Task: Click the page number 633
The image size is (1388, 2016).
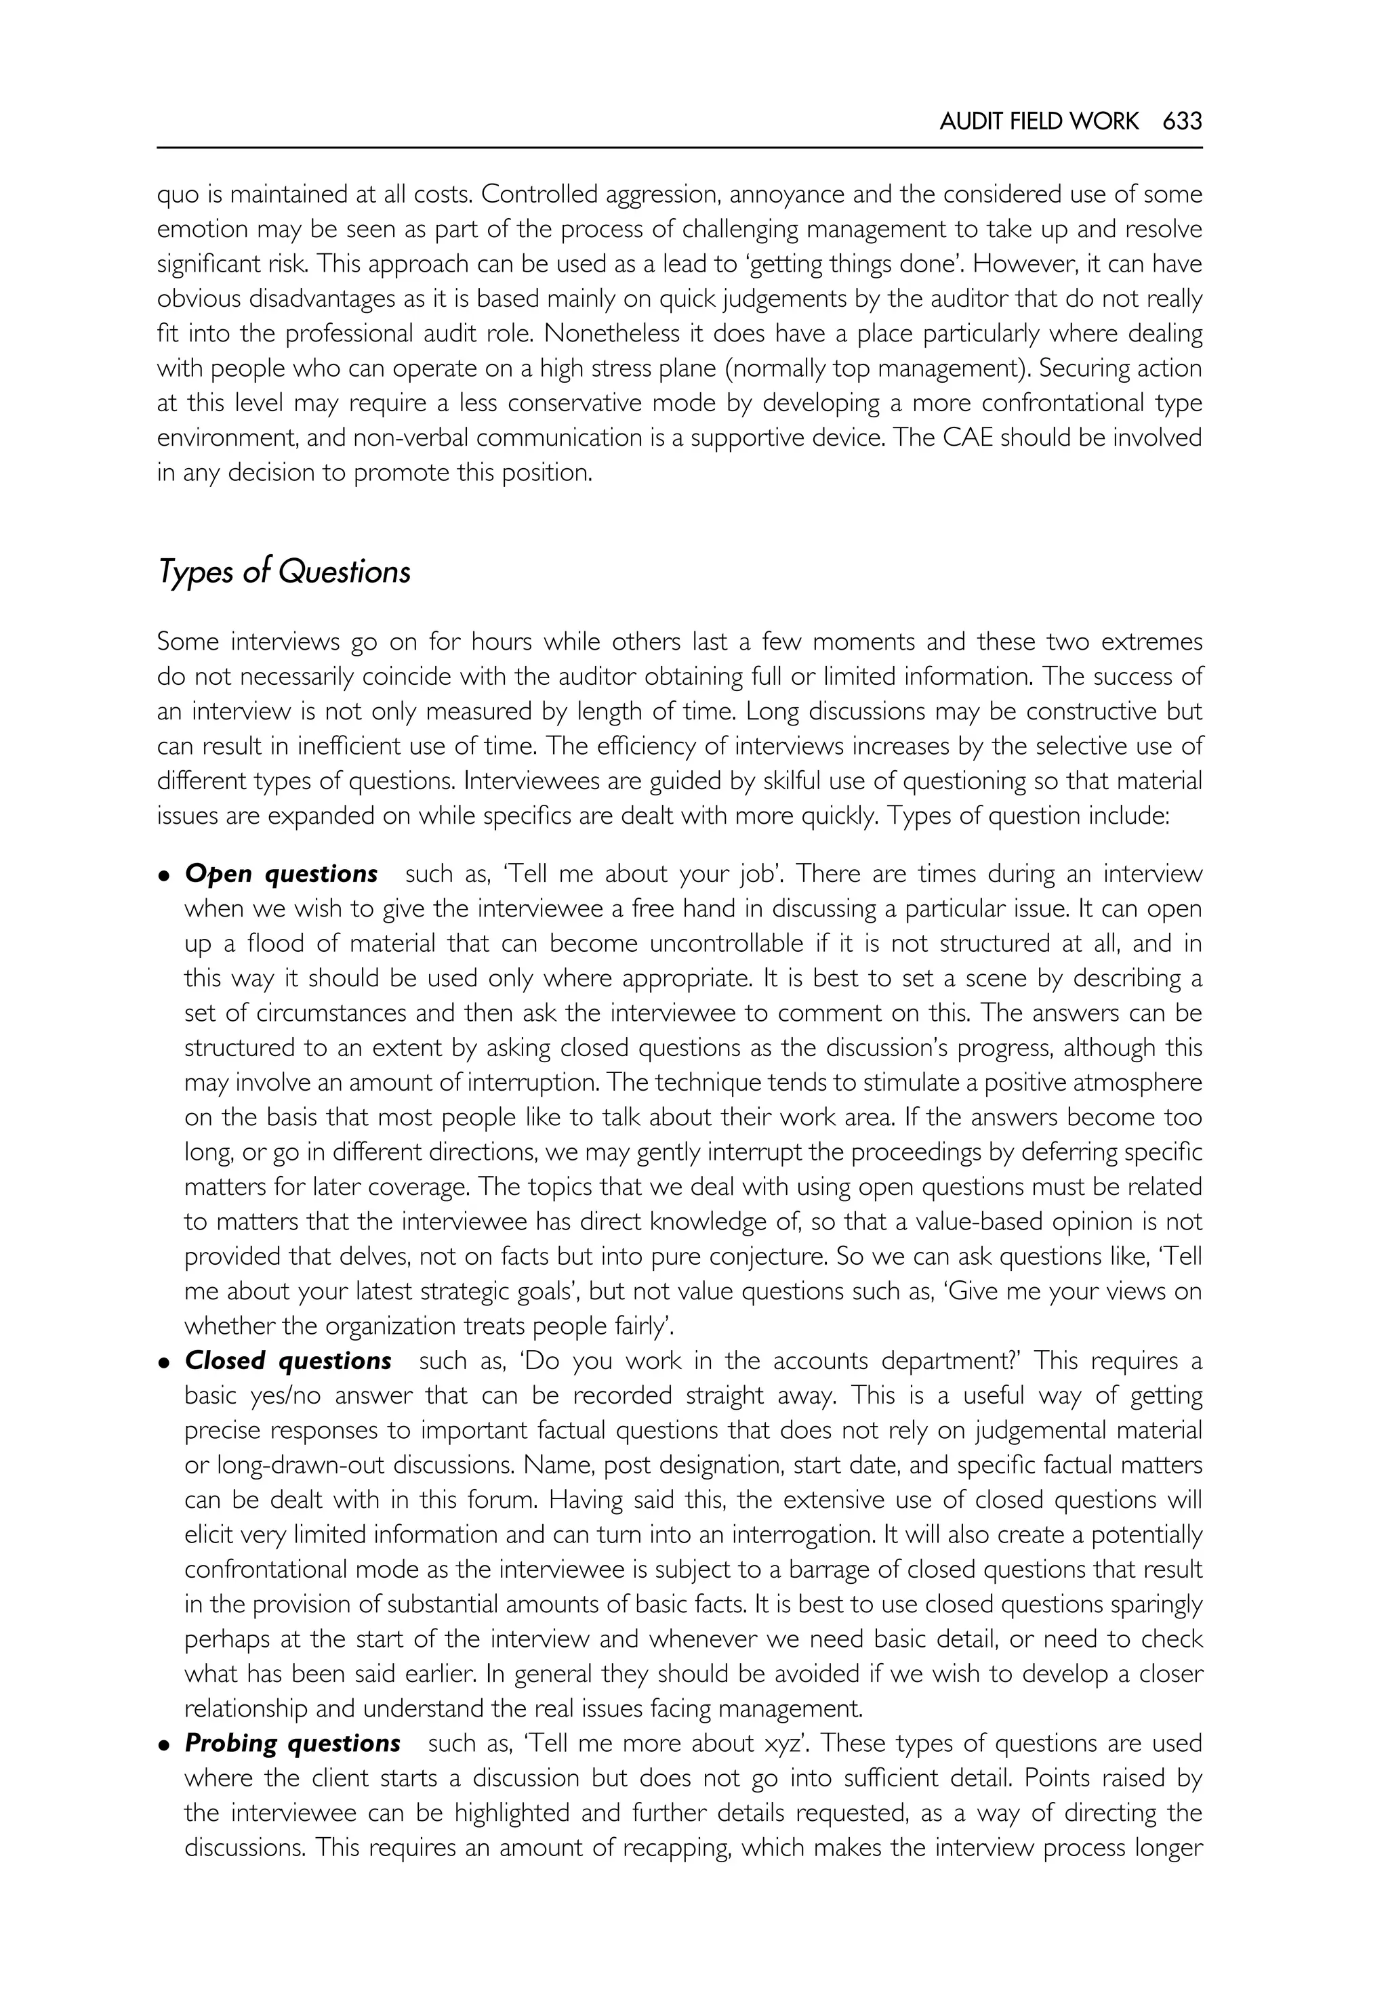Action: pyautogui.click(x=1182, y=121)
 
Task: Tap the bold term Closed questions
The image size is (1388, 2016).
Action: pyautogui.click(x=288, y=1360)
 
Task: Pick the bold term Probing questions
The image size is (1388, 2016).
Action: pyautogui.click(x=292, y=1743)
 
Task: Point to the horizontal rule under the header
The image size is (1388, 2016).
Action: pyautogui.click(x=679, y=148)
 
